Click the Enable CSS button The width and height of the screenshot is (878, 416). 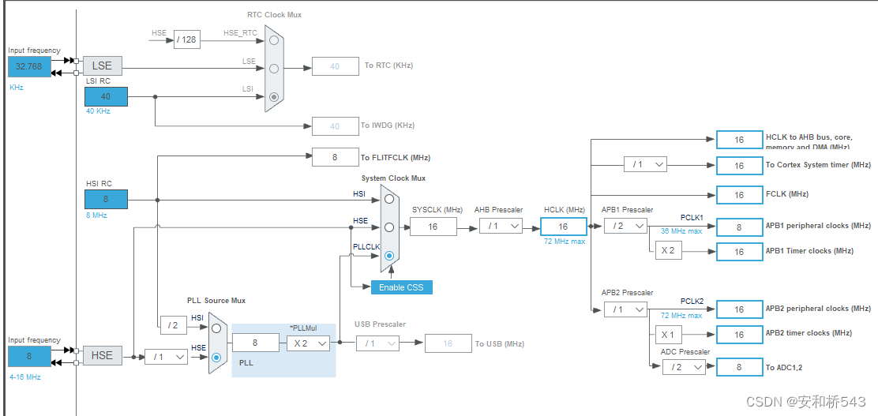(x=401, y=287)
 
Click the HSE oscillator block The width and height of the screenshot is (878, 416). (x=102, y=355)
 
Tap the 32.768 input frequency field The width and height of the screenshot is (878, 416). (x=28, y=67)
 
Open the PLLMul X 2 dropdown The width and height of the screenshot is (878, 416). (x=306, y=343)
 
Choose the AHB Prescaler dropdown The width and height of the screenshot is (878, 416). (x=501, y=226)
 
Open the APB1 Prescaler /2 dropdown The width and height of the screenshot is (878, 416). (x=625, y=226)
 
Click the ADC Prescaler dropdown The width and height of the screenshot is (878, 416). (x=684, y=367)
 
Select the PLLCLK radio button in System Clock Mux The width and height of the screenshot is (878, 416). (x=389, y=256)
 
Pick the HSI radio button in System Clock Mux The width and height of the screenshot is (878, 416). (x=389, y=199)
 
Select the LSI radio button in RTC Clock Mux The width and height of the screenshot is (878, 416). (x=274, y=97)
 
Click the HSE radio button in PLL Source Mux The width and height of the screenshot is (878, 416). (x=217, y=357)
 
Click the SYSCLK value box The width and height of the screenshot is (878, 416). (x=433, y=227)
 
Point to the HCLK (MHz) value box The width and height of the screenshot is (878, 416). (x=563, y=227)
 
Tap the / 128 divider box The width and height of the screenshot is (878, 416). (x=187, y=39)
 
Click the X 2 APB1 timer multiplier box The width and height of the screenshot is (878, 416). (x=667, y=251)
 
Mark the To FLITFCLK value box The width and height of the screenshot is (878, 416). (x=335, y=157)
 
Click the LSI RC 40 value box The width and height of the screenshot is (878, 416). (x=106, y=96)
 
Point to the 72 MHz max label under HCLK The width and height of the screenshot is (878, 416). (x=565, y=242)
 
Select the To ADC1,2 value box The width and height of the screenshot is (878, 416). (x=739, y=367)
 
